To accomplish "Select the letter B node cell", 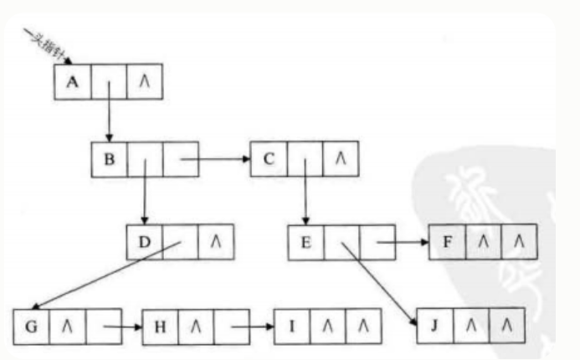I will pyautogui.click(x=110, y=158).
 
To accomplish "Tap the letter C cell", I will pyautogui.click(x=269, y=158).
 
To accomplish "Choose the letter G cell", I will pyautogui.click(x=32, y=326).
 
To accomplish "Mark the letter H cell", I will pyautogui.click(x=160, y=326).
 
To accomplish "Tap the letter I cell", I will pyautogui.click(x=290, y=326).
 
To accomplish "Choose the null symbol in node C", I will pyautogui.click(x=340, y=158).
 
